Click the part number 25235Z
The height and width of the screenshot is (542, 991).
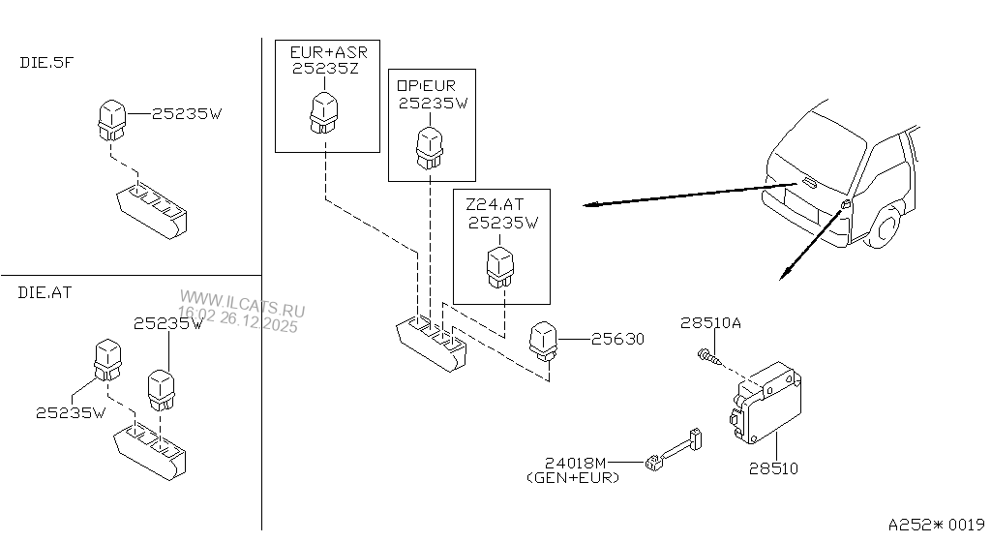(324, 70)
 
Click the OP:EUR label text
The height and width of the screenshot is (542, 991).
(426, 85)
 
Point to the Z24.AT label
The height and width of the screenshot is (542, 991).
(495, 205)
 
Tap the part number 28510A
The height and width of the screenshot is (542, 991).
(710, 324)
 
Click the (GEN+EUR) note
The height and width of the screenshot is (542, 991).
(573, 478)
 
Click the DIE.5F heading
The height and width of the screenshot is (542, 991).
(46, 62)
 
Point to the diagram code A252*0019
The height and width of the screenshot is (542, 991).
(931, 524)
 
